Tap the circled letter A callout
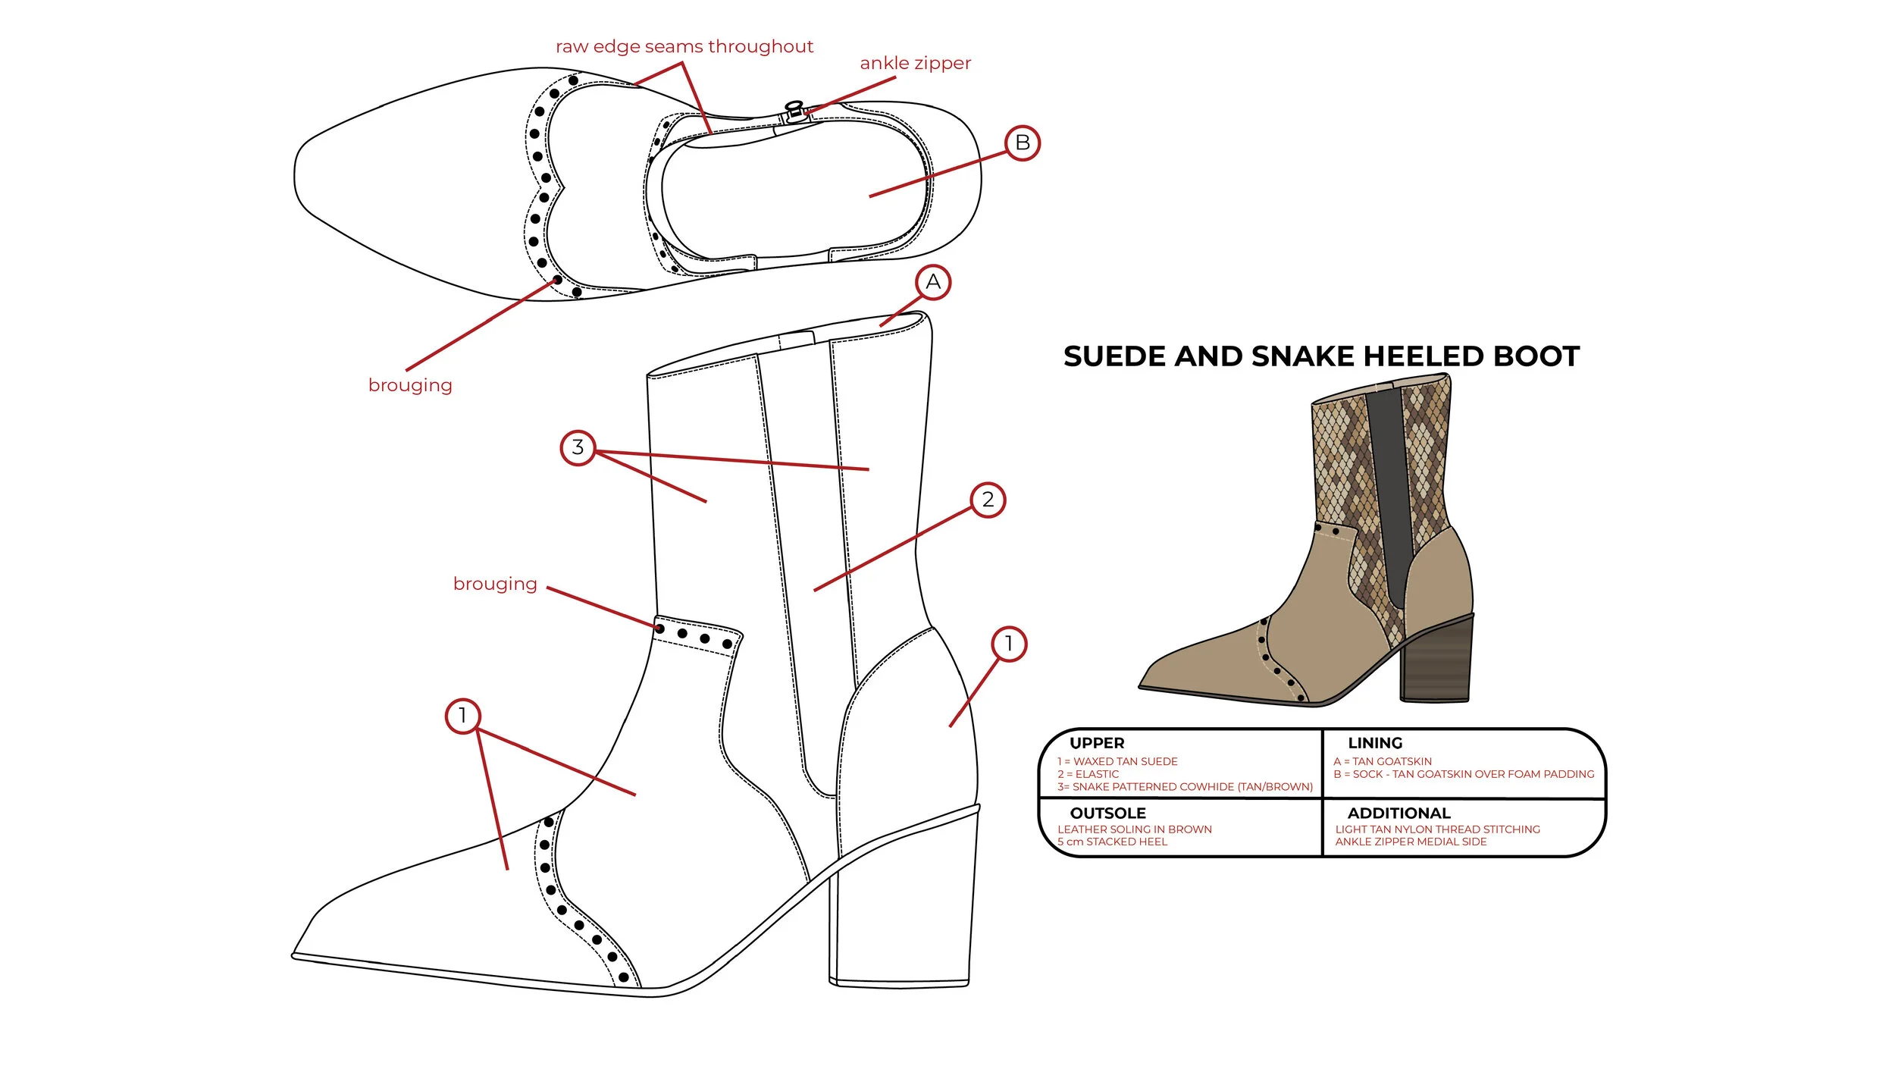pos(932,282)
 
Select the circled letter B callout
pos(1022,143)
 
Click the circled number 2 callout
pos(988,500)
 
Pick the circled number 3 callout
pos(578,447)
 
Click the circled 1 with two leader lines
pos(462,716)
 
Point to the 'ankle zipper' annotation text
pos(915,63)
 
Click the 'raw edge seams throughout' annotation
pos(684,46)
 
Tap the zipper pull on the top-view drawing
pos(794,111)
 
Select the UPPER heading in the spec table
pos(1097,743)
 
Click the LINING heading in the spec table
pos(1375,743)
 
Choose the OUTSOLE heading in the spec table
pos(1107,813)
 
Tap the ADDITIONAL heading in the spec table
pos(1399,813)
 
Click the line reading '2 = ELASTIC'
pos(1088,774)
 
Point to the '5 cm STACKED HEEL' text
pos(1112,842)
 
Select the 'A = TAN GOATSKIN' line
pos(1383,761)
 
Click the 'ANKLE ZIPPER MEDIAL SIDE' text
pos(1411,842)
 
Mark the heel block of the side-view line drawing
pos(902,910)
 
